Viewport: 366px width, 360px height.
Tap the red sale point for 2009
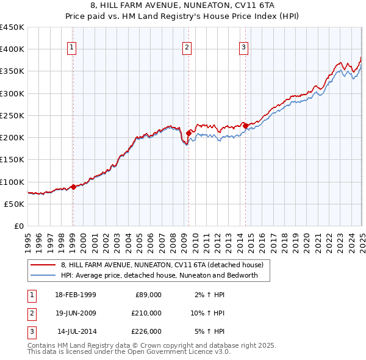coord(188,132)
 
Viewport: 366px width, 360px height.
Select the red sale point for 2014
coord(245,125)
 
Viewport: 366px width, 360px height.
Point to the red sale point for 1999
coord(73,187)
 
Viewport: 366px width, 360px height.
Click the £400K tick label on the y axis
coord(12,49)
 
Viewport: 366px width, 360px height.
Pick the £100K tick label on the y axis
coord(12,182)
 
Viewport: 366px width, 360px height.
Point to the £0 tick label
coord(19,226)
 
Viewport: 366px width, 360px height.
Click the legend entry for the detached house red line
coord(162,265)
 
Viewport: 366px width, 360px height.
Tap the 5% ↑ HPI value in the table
coord(210,331)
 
